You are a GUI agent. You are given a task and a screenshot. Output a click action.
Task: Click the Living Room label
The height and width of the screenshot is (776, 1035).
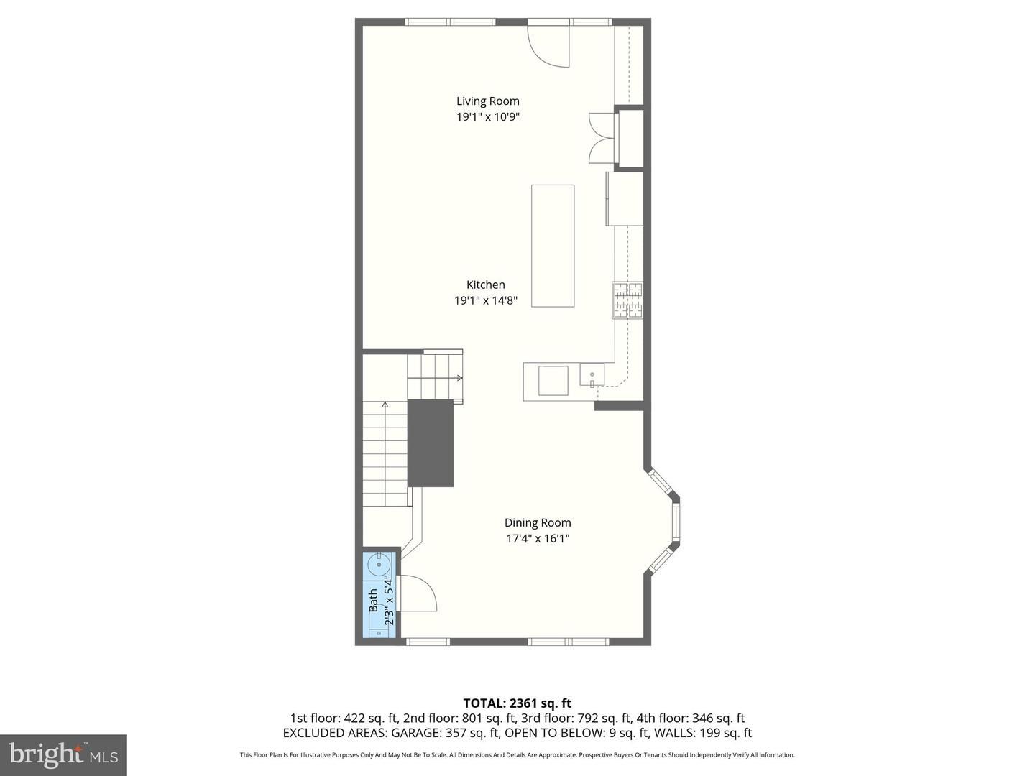[x=487, y=101]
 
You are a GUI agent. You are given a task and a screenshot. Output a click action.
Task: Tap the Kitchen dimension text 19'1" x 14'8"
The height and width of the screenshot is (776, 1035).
[x=486, y=300]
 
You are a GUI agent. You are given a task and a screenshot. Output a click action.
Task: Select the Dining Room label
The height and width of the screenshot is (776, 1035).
[x=538, y=522]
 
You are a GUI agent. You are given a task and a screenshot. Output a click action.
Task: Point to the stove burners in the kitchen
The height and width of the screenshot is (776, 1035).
[x=627, y=300]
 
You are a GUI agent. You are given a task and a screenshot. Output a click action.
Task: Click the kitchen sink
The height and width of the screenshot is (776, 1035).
[x=592, y=375]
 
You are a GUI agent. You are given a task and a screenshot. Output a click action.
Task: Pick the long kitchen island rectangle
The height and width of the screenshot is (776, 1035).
[x=553, y=246]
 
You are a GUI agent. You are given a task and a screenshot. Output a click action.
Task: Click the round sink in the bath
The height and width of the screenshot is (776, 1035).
[x=379, y=565]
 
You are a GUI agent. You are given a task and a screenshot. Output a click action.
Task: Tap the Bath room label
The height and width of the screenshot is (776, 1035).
[x=374, y=600]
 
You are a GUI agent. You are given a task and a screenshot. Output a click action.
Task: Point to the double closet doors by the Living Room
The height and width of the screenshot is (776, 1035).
[x=601, y=138]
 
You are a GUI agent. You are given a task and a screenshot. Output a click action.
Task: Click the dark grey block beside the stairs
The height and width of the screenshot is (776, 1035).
[x=430, y=443]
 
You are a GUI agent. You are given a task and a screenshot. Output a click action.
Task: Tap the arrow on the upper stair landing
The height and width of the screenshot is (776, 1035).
[x=459, y=377]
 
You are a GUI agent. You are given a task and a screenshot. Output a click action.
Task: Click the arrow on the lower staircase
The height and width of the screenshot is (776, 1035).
[x=385, y=453]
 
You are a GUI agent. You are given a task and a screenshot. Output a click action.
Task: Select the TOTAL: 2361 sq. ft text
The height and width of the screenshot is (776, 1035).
[x=517, y=703]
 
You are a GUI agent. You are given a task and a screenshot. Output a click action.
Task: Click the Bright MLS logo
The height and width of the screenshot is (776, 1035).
[x=63, y=755]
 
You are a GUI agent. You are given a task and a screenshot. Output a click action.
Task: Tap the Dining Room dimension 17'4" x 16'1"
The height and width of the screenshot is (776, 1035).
[x=538, y=538]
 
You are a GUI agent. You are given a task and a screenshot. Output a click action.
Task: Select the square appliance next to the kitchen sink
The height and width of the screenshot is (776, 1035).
[x=553, y=380]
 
